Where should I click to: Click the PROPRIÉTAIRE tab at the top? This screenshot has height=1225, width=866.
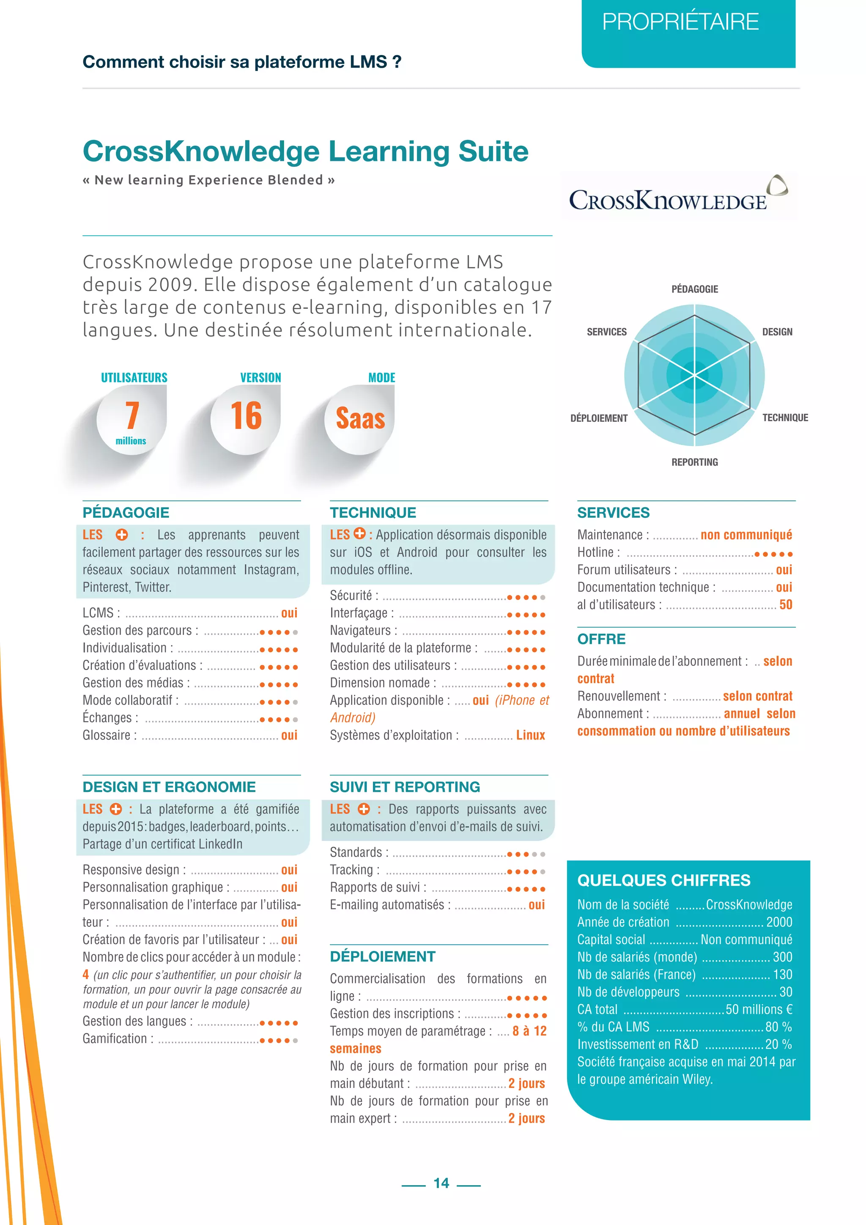680,22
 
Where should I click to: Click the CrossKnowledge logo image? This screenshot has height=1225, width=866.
678,195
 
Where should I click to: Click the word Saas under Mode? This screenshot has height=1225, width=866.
360,418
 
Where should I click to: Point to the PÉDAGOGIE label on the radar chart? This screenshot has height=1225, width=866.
694,289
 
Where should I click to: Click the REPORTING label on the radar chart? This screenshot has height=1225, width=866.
694,462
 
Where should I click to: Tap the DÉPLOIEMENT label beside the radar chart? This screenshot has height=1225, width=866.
599,418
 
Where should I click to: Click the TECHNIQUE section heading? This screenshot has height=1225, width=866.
373,513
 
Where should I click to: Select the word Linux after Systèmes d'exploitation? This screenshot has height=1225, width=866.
530,735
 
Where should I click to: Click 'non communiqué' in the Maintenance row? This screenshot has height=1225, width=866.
746,535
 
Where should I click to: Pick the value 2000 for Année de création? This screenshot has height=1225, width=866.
778,922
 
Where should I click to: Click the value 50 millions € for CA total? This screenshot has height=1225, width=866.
759,1009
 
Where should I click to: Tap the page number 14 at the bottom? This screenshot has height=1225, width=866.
441,1183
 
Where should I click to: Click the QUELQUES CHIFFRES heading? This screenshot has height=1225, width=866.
663,880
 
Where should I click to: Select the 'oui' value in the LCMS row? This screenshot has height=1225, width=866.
289,613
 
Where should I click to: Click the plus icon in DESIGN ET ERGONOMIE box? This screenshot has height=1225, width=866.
116,809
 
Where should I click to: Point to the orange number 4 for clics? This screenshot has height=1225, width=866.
85,974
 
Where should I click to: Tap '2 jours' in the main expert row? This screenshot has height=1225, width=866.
526,1118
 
